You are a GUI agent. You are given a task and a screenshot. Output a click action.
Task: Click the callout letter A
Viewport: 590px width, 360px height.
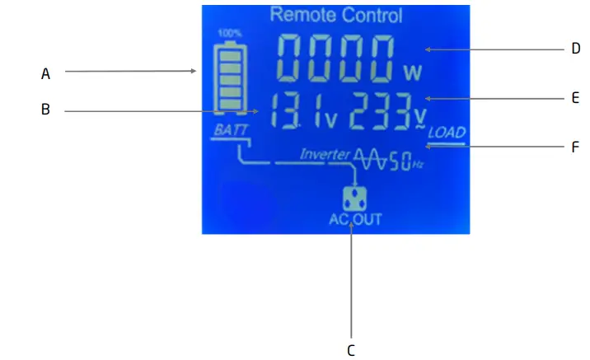(46, 73)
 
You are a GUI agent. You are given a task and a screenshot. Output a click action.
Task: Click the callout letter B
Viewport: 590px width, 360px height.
(46, 109)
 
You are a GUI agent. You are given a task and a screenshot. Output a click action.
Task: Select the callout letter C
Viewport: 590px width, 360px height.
(351, 350)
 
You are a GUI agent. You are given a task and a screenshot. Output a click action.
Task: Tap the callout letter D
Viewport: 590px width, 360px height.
(576, 49)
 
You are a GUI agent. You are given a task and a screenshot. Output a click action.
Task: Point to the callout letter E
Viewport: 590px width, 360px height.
(576, 98)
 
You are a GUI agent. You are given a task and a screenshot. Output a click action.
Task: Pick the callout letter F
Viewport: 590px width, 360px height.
(576, 148)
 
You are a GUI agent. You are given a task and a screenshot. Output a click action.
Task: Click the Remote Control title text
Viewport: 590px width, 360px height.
(336, 15)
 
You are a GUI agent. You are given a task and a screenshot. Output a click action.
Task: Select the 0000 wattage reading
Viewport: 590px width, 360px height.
(338, 59)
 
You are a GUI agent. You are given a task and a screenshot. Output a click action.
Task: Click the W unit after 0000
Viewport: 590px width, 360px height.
(412, 73)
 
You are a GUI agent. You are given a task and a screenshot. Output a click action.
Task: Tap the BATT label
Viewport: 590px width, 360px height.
(225, 130)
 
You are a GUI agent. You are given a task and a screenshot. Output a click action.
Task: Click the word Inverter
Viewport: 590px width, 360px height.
(325, 154)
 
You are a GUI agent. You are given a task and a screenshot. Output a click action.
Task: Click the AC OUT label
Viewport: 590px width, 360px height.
(355, 219)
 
